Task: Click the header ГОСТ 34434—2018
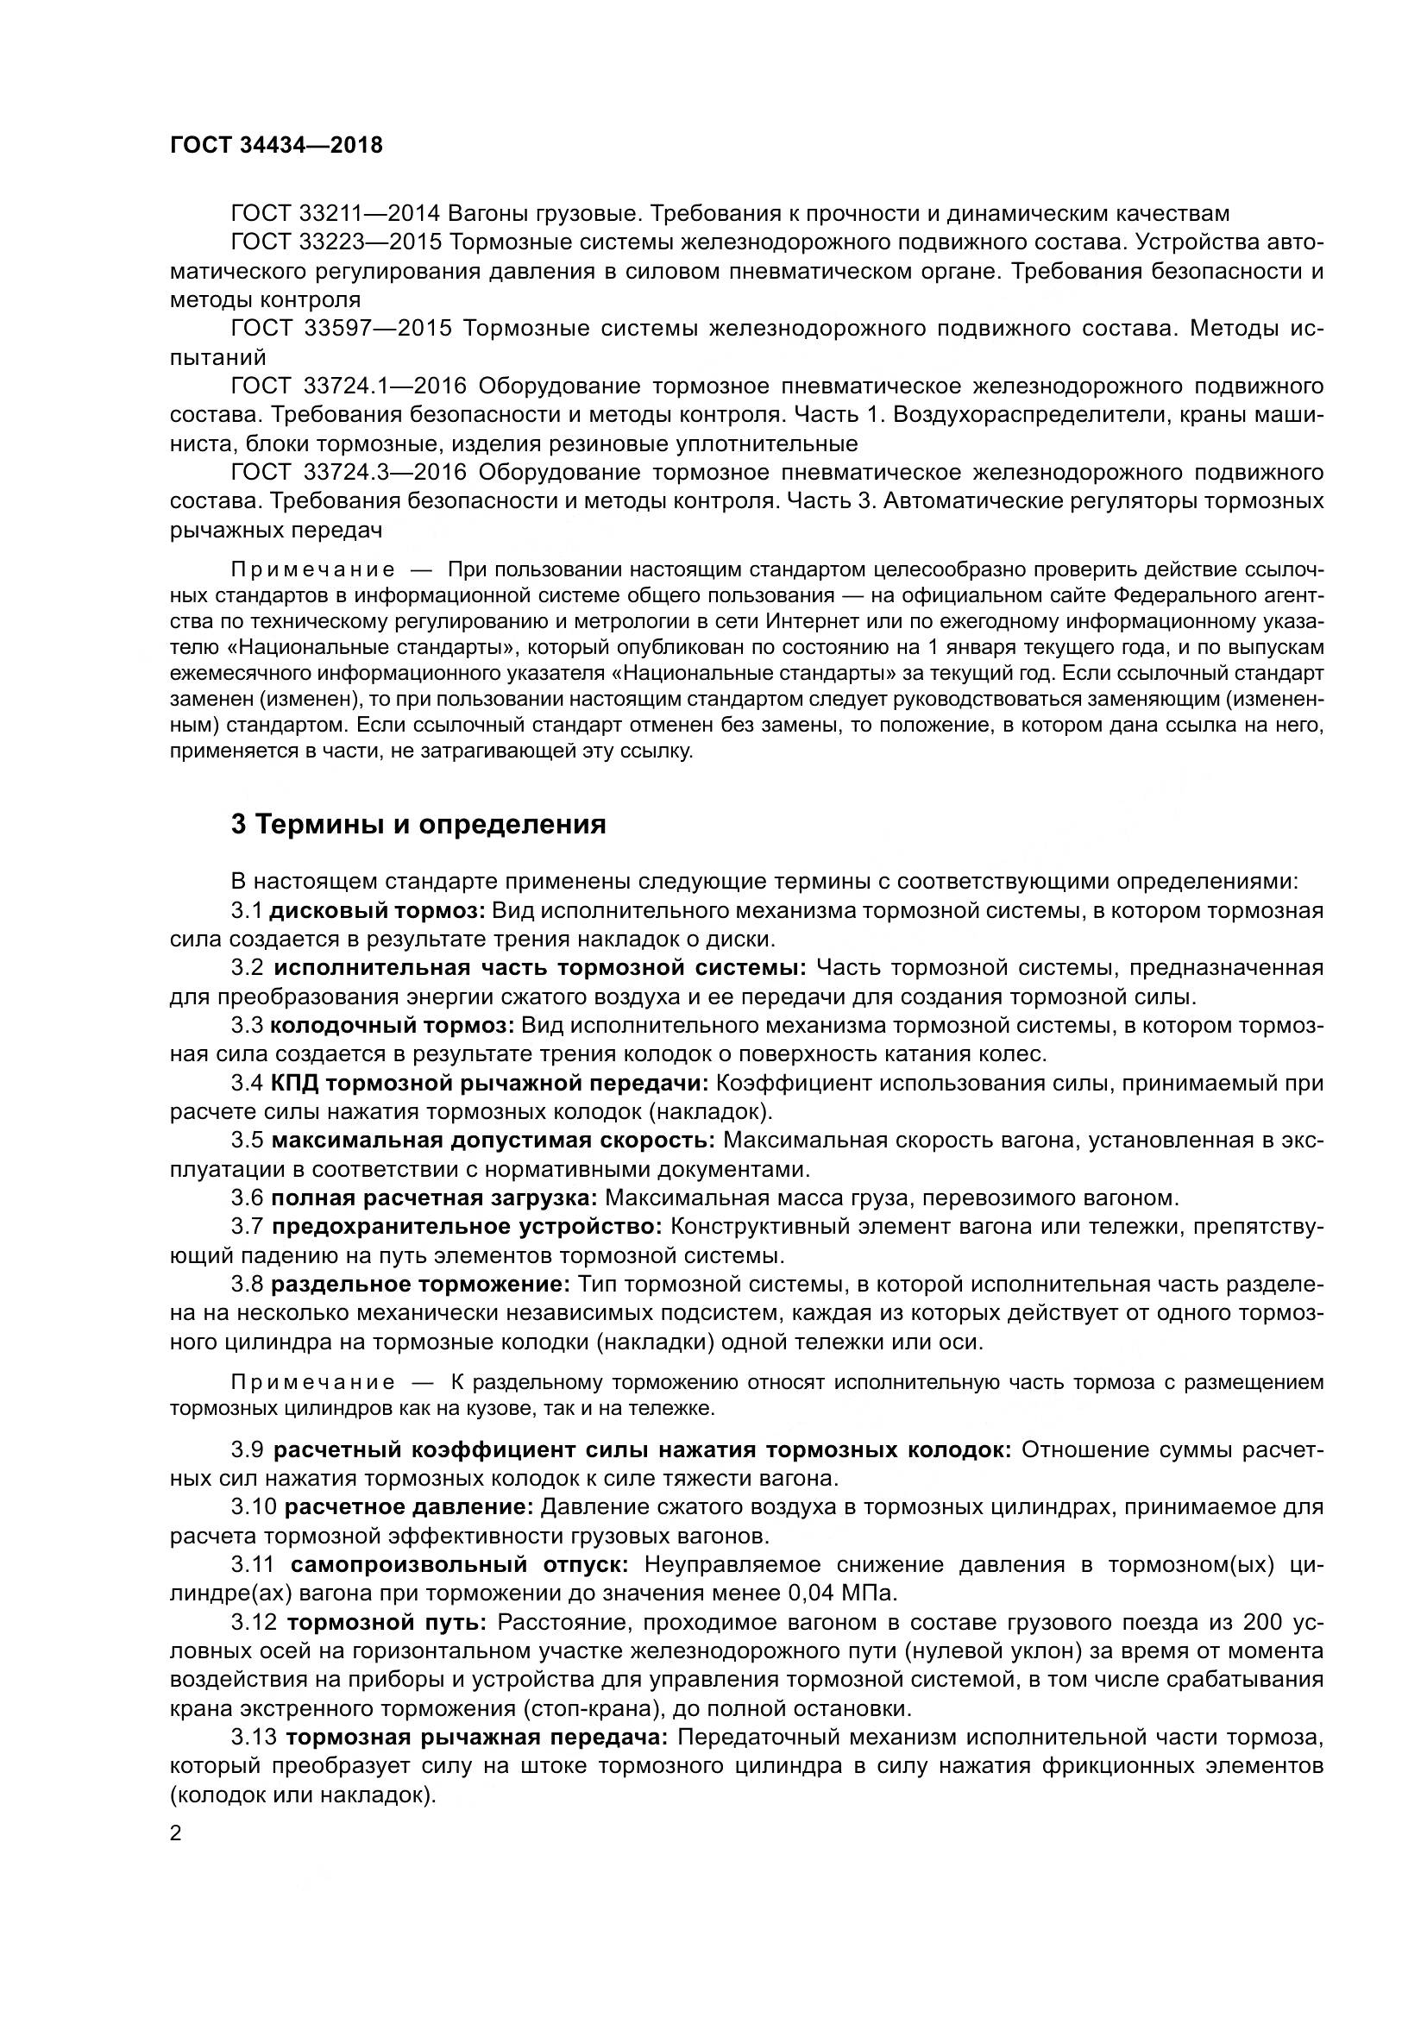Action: pos(276,145)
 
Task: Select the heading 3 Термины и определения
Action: pos(418,825)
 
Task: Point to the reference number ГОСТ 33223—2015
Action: pos(336,242)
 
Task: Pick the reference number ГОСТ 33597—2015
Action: pos(341,329)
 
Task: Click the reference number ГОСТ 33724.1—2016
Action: pos(349,387)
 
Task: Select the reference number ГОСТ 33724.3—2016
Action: pos(349,473)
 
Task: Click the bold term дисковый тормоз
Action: pos(378,910)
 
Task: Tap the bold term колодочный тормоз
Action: pos(392,1026)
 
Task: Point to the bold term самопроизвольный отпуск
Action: pos(460,1564)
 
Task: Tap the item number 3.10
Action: pos(254,1507)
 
